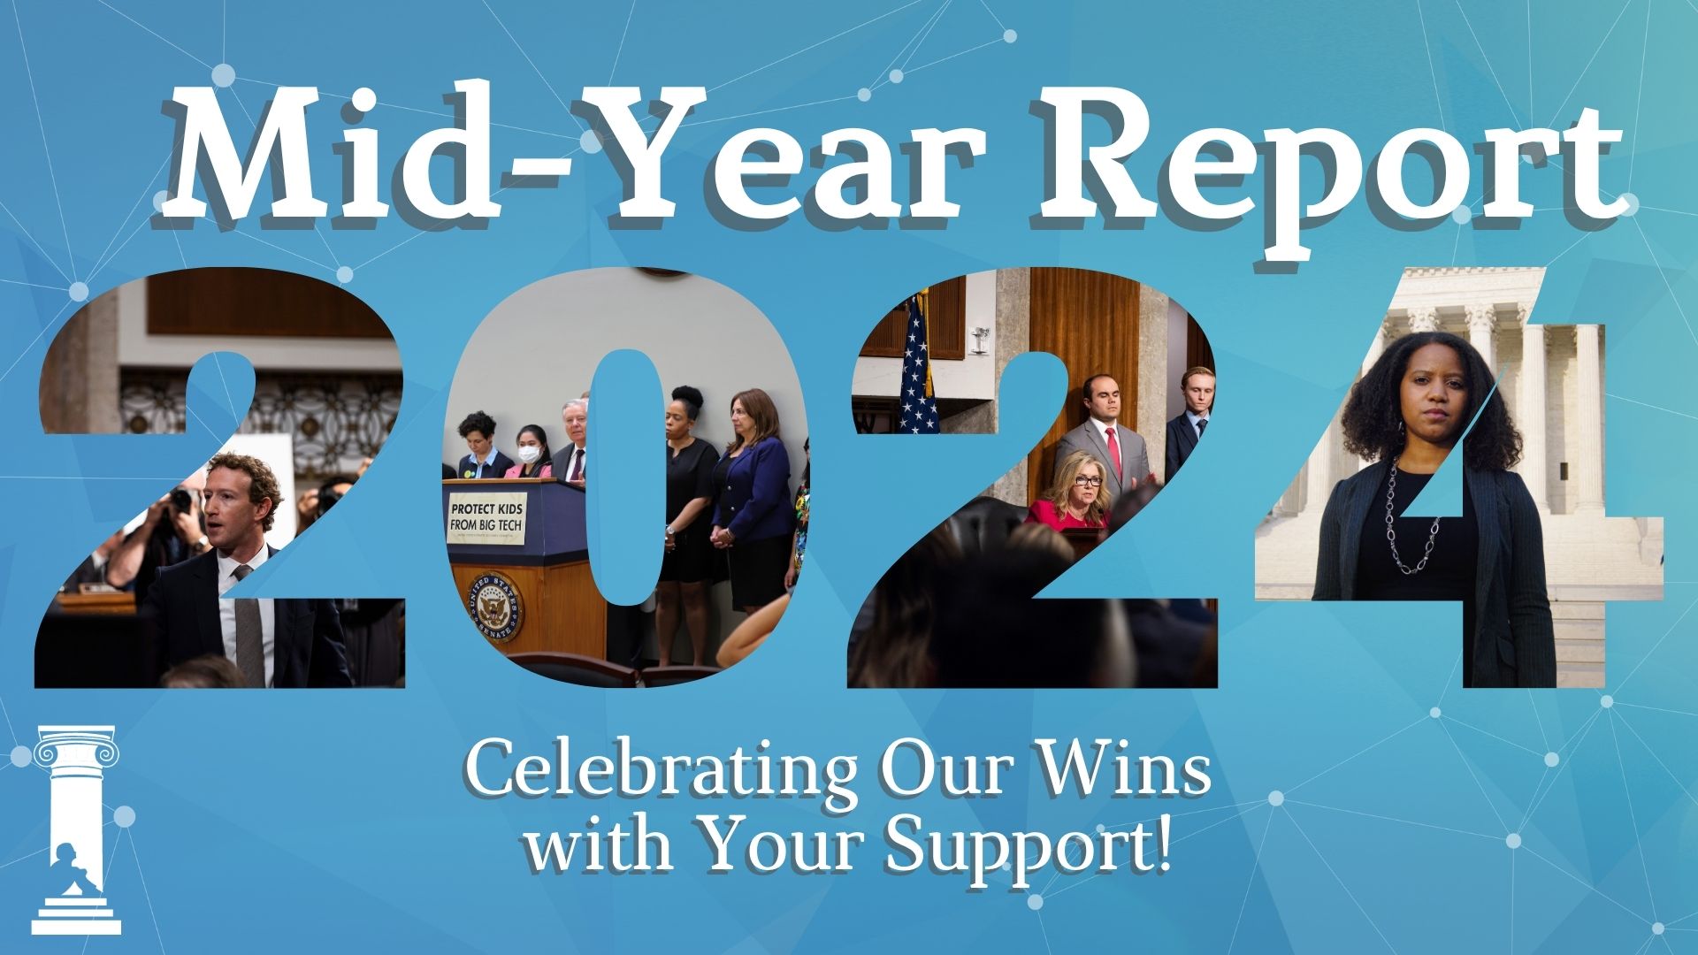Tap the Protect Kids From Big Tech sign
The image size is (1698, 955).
[486, 519]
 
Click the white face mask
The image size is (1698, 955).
[528, 454]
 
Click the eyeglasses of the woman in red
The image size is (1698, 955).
[1089, 481]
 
